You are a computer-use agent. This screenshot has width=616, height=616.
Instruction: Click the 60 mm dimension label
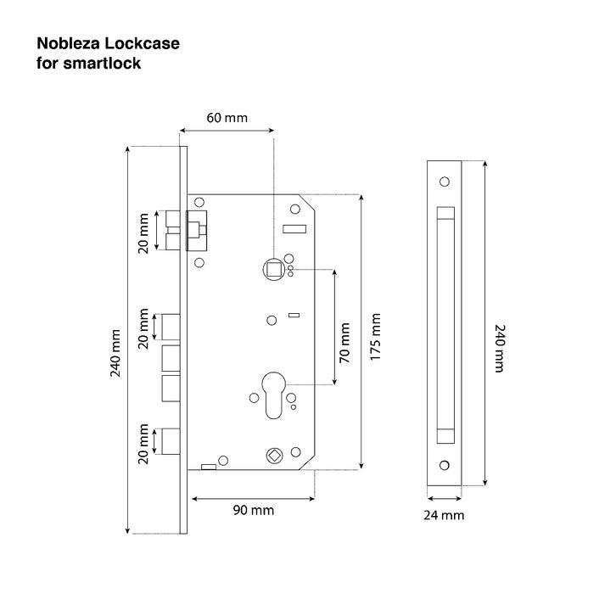[227, 117]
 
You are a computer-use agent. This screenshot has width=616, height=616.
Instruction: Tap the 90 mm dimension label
[254, 510]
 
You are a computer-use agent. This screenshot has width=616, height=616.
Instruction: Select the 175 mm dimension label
[376, 337]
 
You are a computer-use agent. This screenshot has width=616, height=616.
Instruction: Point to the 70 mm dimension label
[344, 343]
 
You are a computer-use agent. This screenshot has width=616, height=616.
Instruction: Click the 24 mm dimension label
[444, 515]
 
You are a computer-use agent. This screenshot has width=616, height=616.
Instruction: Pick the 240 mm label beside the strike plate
[499, 348]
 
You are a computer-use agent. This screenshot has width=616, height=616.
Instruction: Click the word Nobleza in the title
[69, 43]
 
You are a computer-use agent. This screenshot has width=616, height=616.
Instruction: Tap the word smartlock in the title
[102, 64]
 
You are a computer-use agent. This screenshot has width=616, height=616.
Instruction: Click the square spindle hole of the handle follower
[274, 270]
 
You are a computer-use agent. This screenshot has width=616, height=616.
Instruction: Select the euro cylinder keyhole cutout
[273, 395]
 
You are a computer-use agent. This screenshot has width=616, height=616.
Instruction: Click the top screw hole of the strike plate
[445, 182]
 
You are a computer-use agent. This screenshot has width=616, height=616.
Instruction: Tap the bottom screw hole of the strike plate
[445, 465]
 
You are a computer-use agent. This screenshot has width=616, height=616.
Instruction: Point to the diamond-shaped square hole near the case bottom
[274, 456]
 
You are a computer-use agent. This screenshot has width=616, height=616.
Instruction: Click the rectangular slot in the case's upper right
[294, 228]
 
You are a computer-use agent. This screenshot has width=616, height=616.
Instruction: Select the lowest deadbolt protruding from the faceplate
[171, 441]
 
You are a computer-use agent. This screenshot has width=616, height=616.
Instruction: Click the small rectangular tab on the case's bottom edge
[209, 467]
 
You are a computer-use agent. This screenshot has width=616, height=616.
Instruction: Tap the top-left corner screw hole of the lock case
[199, 202]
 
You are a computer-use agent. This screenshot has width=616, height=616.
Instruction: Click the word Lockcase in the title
[143, 43]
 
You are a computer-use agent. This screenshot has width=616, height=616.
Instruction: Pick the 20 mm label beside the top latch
[143, 233]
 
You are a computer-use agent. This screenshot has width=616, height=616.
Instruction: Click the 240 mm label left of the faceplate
[115, 353]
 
